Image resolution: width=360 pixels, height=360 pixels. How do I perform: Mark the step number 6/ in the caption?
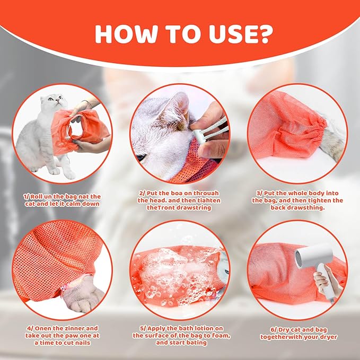tap(270, 327)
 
